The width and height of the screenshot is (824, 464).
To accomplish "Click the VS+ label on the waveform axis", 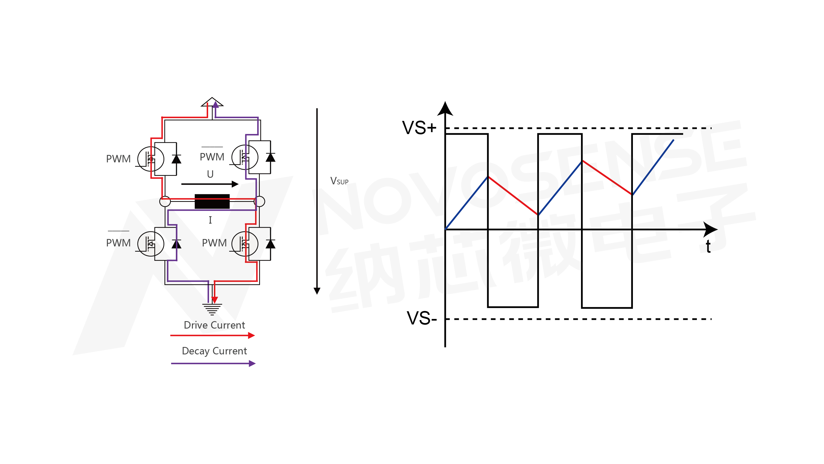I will coord(419,128).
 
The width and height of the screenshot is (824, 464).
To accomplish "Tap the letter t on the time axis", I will coord(708,247).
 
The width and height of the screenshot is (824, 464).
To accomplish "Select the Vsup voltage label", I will coord(339,181).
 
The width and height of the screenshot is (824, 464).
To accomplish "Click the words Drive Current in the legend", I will coord(214,325).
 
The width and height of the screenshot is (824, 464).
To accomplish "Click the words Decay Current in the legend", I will coord(214,351).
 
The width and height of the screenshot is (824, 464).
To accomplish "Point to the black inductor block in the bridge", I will coord(212,201).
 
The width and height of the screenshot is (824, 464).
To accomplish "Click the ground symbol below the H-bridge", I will coord(212,309).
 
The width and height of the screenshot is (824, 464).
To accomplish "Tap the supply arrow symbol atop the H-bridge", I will coord(212,102).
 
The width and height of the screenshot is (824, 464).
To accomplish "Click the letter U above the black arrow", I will coord(210,174).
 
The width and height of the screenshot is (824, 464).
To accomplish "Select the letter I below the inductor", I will coord(210,220).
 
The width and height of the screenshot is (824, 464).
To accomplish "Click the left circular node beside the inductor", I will coord(165,201).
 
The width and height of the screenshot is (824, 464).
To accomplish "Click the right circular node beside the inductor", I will coord(259,201).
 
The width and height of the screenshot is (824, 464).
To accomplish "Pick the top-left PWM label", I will coord(118,159).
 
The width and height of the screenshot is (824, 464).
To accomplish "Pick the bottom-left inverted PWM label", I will coord(118,243).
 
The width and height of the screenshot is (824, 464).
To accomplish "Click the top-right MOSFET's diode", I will coord(270,157).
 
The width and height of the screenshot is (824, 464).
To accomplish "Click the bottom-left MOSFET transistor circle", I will coord(151,244).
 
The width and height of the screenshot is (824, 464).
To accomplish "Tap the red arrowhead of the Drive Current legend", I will coord(252,335).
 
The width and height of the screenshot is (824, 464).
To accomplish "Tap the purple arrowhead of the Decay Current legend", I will coord(252,363).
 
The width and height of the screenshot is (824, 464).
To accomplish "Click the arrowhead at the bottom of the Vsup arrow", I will coord(317,291).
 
